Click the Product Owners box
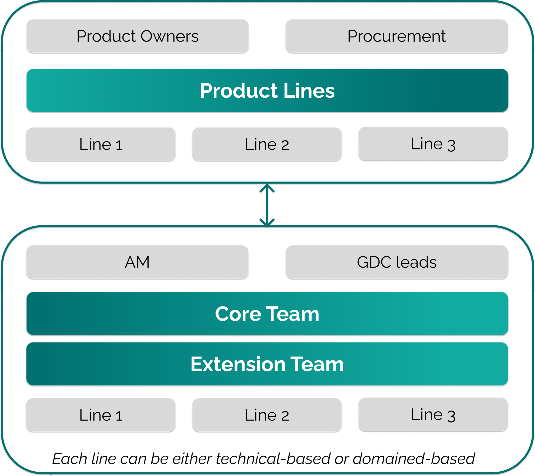click(x=137, y=36)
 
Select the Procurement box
click(x=397, y=36)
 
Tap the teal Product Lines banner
click(x=267, y=90)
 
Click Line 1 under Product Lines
click(x=101, y=144)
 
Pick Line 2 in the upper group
click(x=267, y=144)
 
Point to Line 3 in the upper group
click(x=433, y=144)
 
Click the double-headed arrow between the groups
click(x=267, y=205)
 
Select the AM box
click(x=137, y=262)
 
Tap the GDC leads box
click(x=397, y=262)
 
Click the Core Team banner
click(x=267, y=314)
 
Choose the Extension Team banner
click(x=267, y=364)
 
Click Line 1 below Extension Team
click(x=101, y=415)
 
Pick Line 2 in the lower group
click(x=267, y=415)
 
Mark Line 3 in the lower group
click(x=433, y=414)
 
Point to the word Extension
click(x=238, y=364)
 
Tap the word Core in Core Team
click(x=238, y=314)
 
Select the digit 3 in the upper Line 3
click(x=451, y=145)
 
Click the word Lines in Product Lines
click(x=309, y=91)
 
